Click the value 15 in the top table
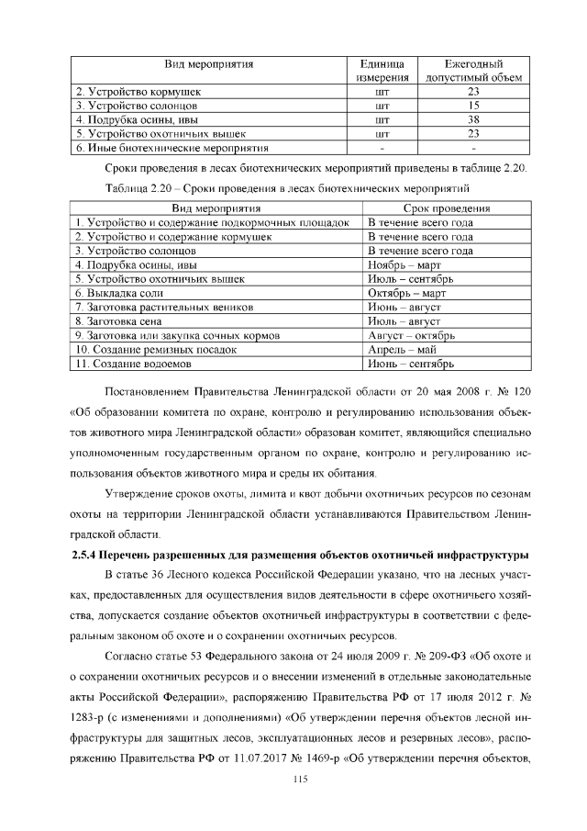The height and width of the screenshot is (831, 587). pos(473,106)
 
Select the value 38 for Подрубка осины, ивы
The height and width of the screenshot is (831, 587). pos(473,119)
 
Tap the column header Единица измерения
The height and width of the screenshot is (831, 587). pos(383,72)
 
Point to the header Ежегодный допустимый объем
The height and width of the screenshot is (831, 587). pos(473,72)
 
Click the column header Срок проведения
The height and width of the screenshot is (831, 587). pos(446,208)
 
